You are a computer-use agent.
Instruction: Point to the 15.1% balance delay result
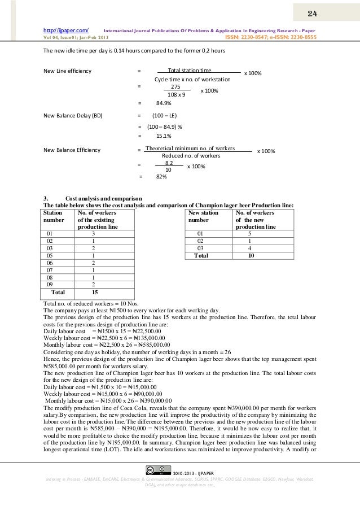[x=164, y=136]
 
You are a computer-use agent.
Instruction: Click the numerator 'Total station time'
[x=190, y=71]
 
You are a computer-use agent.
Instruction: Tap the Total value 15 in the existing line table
[x=94, y=293]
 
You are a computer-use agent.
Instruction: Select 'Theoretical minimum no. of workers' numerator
[x=190, y=148]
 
